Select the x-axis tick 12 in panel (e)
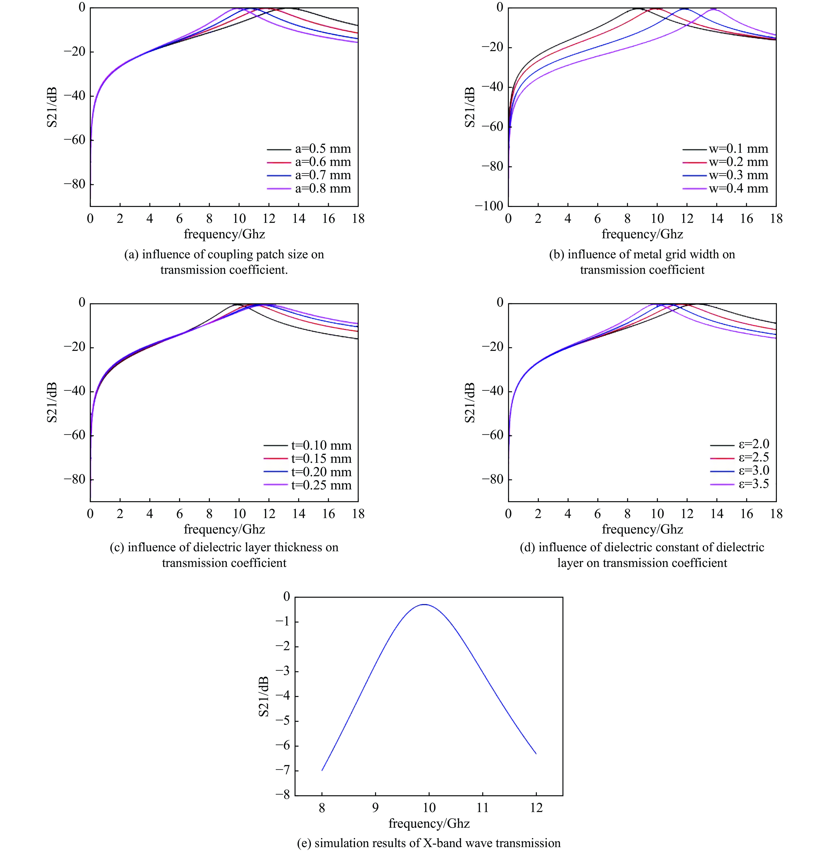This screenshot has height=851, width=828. click(x=536, y=808)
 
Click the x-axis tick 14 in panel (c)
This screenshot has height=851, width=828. click(x=299, y=514)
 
